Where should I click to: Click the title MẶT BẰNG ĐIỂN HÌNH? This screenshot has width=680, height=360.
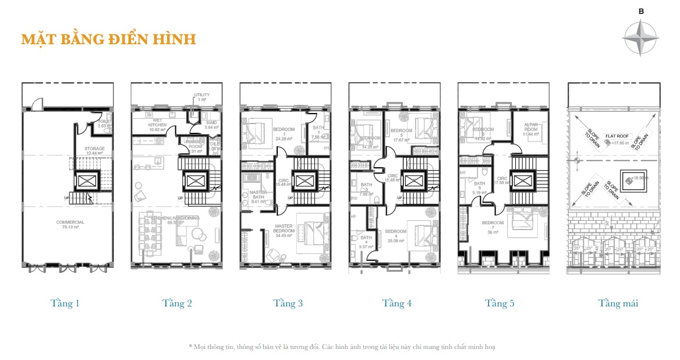108,40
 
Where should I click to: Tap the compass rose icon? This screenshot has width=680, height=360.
640,37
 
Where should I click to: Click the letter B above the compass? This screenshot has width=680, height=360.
641,11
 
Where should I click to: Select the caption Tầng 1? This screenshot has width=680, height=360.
65,303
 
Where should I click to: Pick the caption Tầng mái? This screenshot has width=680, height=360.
618,303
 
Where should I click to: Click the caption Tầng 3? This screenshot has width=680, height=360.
288,303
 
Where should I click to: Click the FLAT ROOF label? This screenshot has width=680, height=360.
618,135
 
